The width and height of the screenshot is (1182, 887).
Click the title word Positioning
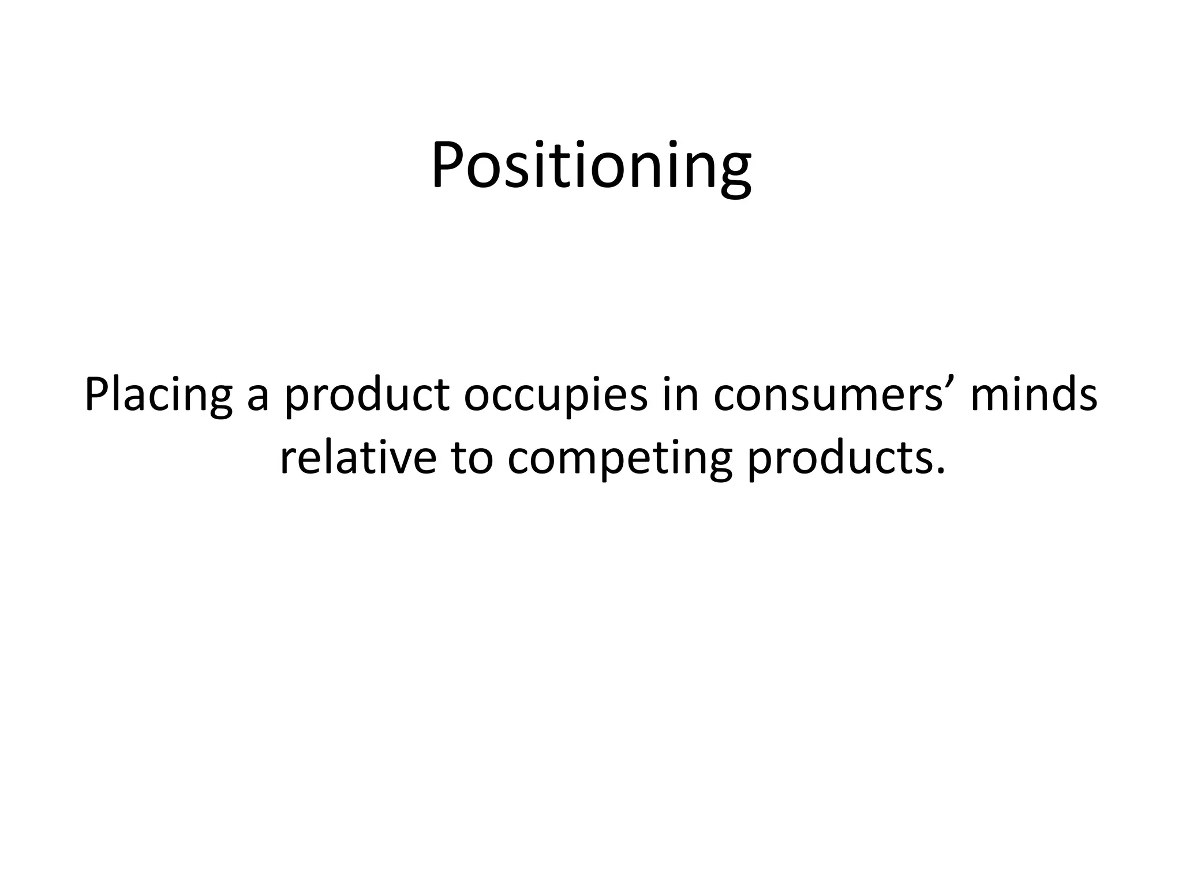(591, 166)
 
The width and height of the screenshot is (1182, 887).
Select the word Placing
(158, 395)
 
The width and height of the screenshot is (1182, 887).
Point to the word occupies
(555, 397)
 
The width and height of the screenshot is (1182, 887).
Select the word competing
(620, 461)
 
